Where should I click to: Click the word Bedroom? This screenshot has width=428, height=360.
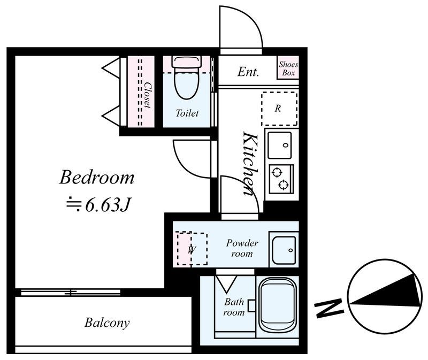pos(97,178)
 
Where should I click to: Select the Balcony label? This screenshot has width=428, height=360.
pos(107,323)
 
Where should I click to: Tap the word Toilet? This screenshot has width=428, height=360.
pos(187,113)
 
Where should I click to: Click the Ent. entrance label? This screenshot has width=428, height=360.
pos(248,72)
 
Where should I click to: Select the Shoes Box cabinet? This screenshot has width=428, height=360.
pos(288,68)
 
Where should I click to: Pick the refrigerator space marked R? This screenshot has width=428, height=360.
pos(279,109)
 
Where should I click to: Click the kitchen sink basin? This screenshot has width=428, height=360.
pos(280,145)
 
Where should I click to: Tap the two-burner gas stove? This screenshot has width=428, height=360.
pos(281,179)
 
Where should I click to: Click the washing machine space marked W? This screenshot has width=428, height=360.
pos(192,249)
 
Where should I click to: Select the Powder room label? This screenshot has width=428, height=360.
pos(242,248)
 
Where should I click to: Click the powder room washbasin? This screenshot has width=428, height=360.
pos(284,250)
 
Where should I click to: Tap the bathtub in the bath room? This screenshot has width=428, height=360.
pos(278,308)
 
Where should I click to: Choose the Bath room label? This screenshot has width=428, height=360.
pos(234,307)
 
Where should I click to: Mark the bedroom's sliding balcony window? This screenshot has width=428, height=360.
pos(71,293)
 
